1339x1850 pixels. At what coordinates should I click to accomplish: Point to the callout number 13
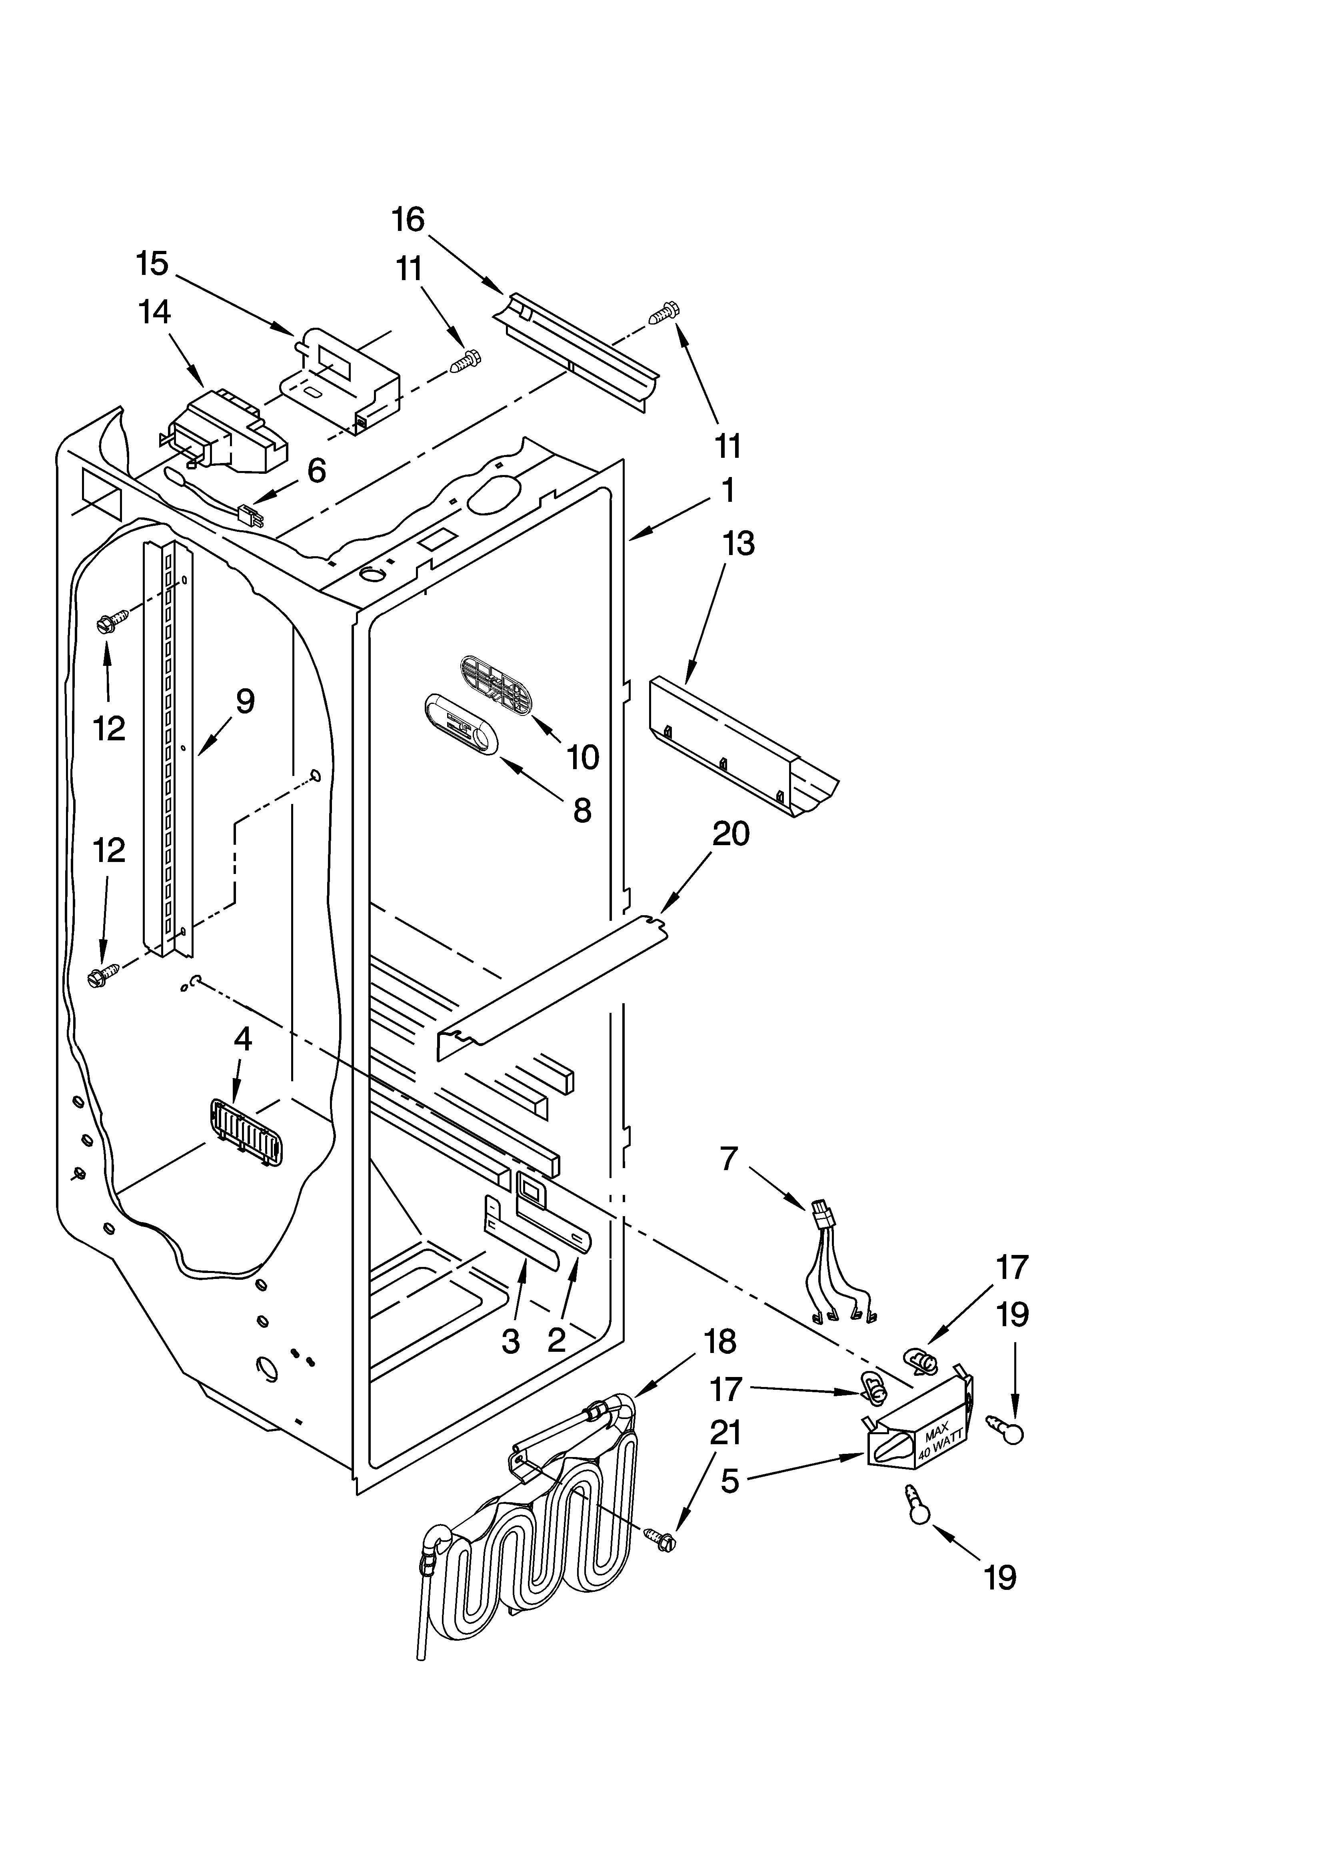(738, 543)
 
